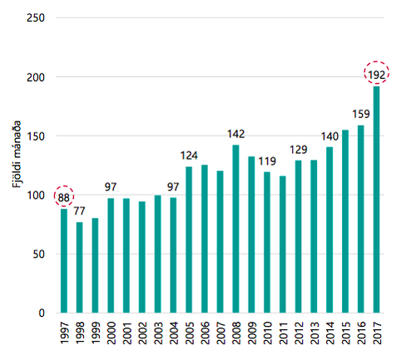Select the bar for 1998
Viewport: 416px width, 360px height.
point(80,267)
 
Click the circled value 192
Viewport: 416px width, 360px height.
point(377,74)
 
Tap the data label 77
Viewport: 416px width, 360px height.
point(80,210)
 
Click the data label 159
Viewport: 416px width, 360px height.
point(361,114)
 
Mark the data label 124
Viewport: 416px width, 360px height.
point(189,155)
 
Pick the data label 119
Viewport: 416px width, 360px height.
point(267,161)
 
